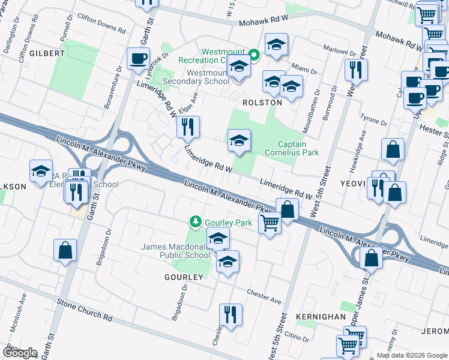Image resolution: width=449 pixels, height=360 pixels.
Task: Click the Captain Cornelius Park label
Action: point(299,148)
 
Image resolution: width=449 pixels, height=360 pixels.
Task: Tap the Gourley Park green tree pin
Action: point(195,222)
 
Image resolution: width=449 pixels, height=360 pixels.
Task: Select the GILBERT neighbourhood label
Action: point(42,53)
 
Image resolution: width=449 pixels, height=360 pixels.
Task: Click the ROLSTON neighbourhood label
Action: point(262,103)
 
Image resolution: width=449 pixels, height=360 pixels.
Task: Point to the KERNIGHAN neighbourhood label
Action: point(321,316)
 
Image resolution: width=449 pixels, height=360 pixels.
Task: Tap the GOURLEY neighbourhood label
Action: point(184,277)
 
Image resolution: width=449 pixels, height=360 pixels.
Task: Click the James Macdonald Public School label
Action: point(175,251)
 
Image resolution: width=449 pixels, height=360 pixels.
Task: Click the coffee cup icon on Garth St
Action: point(138,59)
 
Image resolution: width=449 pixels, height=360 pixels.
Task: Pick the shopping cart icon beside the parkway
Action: point(270,223)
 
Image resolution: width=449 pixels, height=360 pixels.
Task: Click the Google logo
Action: point(20,352)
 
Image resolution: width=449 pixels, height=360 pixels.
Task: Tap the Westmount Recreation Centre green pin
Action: point(254,55)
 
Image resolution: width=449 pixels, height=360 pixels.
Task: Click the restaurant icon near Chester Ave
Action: point(230,314)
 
